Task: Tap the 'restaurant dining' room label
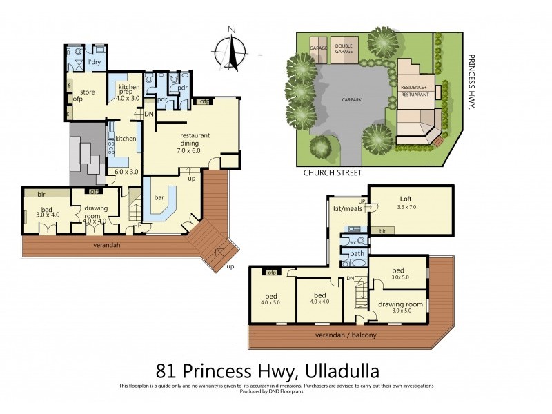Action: [195, 139]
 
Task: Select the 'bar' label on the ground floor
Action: [159, 198]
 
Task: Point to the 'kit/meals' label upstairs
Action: [348, 208]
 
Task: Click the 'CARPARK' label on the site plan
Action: [351, 99]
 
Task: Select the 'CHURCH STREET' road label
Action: [333, 173]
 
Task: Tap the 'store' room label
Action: [87, 91]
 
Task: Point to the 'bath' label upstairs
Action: [357, 254]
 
